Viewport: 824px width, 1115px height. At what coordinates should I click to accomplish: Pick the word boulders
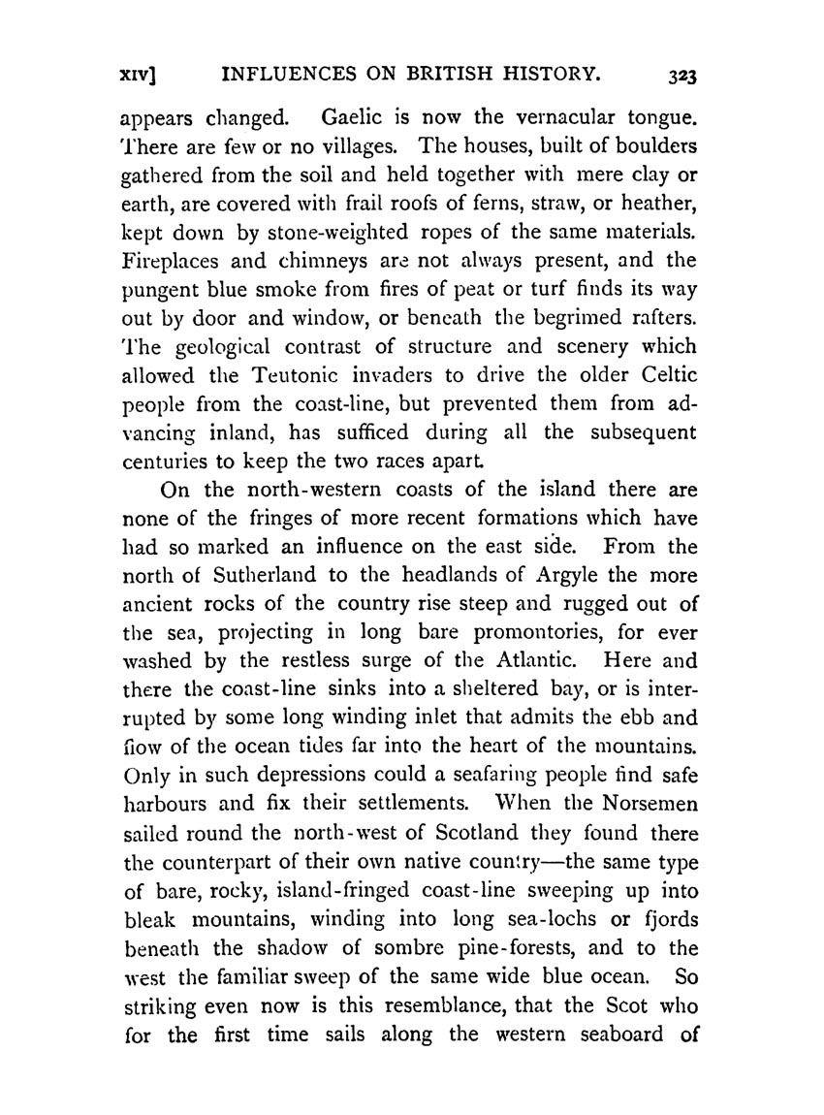coord(649,148)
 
